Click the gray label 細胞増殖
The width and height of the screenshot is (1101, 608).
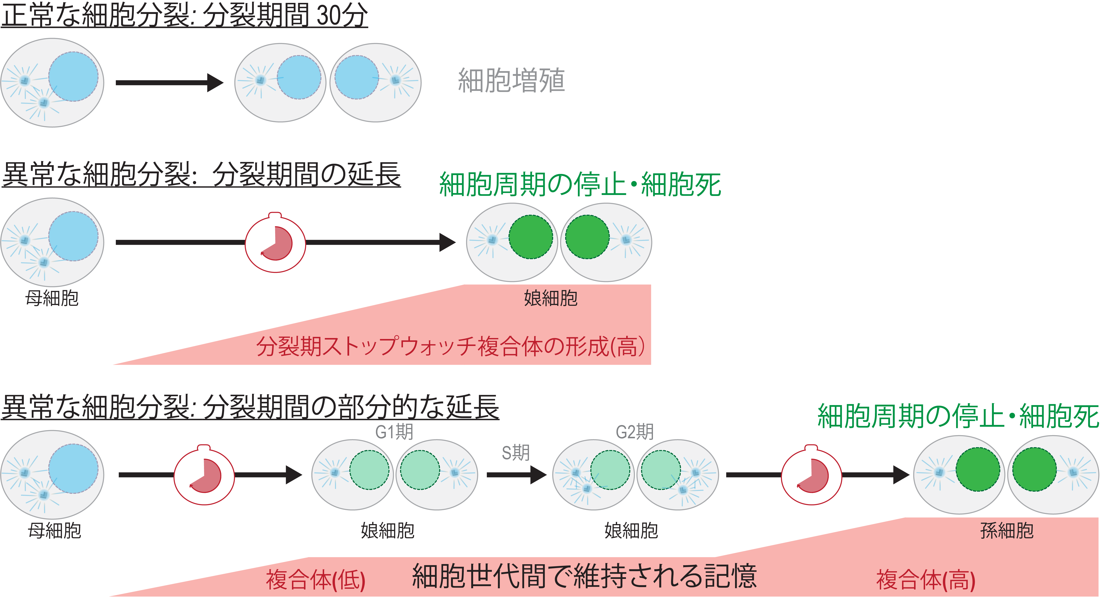(511, 80)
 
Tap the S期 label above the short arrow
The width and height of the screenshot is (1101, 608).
(515, 452)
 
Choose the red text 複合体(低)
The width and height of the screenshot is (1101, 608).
(315, 580)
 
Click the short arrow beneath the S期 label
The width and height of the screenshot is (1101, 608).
(516, 475)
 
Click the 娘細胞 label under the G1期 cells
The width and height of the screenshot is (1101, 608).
(387, 531)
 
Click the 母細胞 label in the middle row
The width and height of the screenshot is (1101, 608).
(52, 298)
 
